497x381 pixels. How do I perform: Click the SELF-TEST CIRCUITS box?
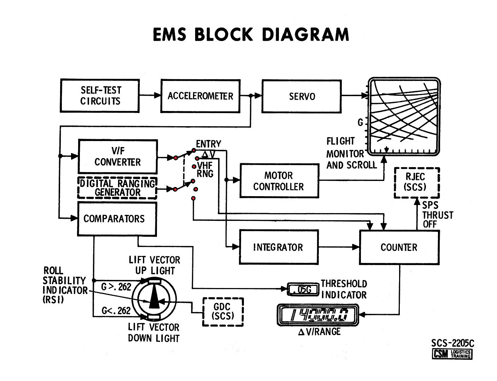tap(100, 96)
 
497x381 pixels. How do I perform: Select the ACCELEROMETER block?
tap(200, 96)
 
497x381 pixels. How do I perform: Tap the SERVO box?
tap(302, 96)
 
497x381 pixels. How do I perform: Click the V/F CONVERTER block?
tap(117, 156)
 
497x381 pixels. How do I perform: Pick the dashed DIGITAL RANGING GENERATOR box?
tap(117, 188)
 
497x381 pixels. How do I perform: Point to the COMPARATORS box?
tap(117, 219)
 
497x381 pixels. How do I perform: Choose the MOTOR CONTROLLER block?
tap(279, 181)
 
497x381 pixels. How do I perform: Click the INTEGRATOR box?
tap(279, 247)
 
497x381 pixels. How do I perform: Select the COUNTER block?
tap(399, 247)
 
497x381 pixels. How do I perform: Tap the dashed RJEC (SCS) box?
tap(417, 182)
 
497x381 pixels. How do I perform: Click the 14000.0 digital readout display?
tap(317, 315)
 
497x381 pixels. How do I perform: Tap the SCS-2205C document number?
tap(452, 343)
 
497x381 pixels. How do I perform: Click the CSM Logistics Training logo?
tap(452, 354)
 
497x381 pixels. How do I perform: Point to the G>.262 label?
tap(116, 287)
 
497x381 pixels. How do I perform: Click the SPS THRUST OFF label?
tap(437, 215)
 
